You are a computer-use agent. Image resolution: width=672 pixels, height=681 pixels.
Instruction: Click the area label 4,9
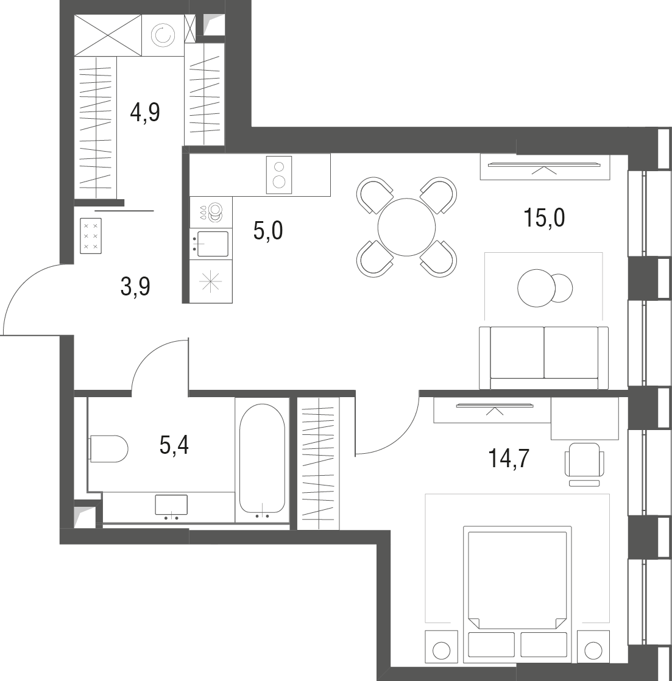[145, 112]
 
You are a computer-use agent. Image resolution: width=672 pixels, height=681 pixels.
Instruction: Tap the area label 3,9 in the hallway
[135, 286]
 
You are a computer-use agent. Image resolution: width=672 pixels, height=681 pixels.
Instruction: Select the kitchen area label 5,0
[268, 231]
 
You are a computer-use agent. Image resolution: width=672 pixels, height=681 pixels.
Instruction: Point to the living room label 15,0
[543, 217]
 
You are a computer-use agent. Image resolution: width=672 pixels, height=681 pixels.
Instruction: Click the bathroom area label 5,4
[174, 445]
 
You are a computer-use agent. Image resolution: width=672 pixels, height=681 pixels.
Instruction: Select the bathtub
[262, 460]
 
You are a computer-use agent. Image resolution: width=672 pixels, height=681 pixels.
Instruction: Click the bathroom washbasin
[171, 505]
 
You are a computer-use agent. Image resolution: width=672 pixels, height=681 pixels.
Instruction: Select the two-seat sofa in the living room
[543, 358]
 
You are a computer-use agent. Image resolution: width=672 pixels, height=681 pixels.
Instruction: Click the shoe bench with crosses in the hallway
[91, 235]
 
